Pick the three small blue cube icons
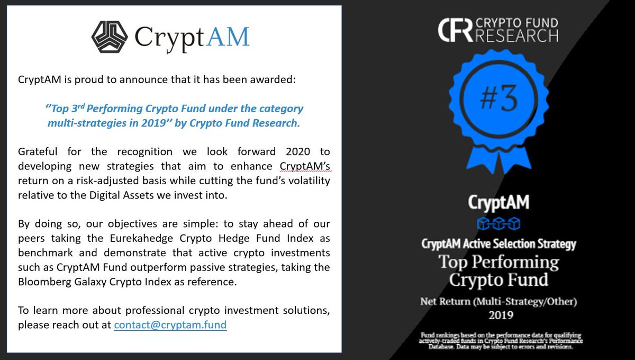498,222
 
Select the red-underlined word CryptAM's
304,167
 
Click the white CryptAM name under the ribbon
498,202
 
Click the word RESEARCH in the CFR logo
518,36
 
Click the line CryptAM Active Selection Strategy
498,244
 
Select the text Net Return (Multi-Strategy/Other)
498,302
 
